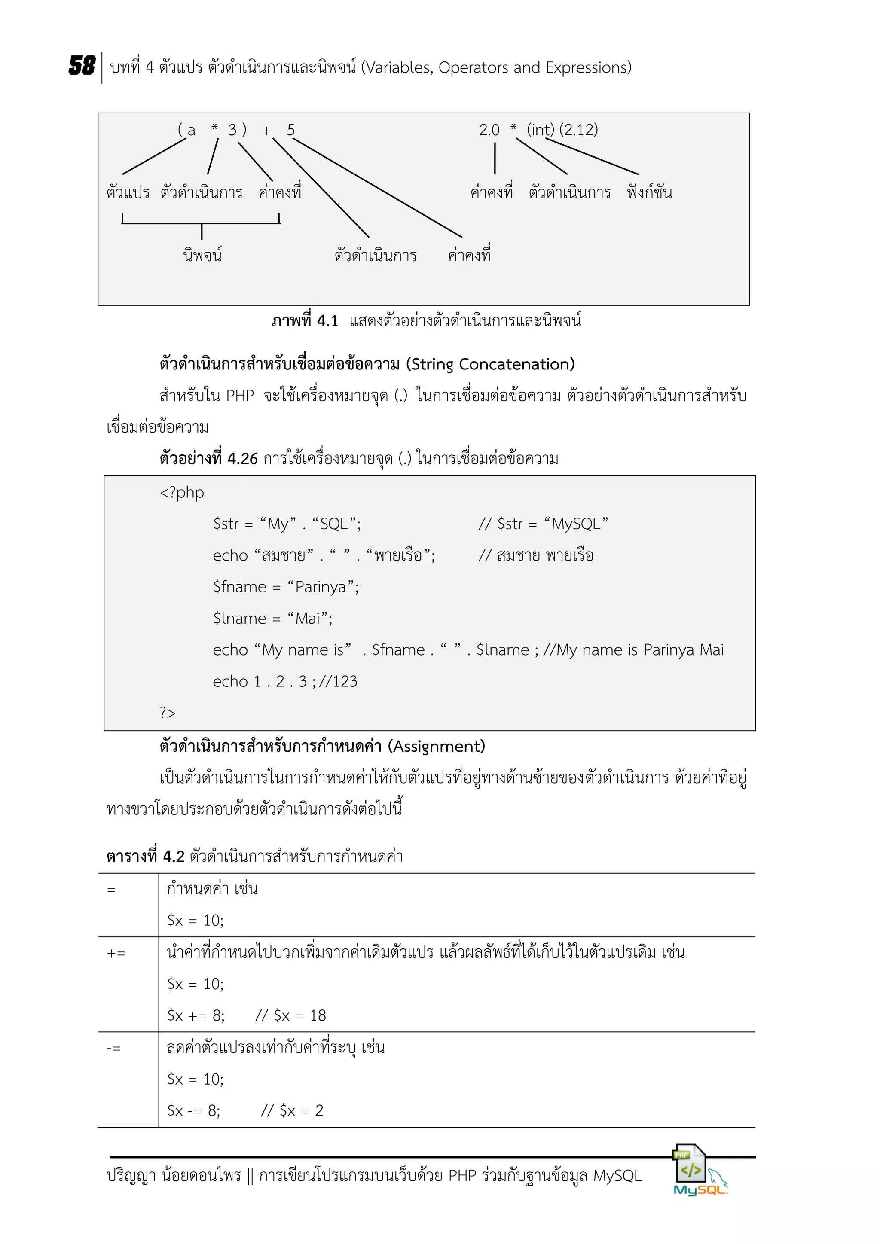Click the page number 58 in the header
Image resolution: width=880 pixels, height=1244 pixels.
(x=82, y=66)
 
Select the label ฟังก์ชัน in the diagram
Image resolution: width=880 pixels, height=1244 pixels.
(x=649, y=192)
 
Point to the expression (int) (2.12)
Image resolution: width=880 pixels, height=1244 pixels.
(x=562, y=130)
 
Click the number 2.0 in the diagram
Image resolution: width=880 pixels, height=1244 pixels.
(x=489, y=130)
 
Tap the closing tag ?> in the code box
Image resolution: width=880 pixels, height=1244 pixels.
(x=168, y=713)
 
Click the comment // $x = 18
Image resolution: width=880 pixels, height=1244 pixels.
(x=290, y=1016)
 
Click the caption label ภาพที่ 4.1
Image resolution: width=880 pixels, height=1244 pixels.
(x=305, y=321)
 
